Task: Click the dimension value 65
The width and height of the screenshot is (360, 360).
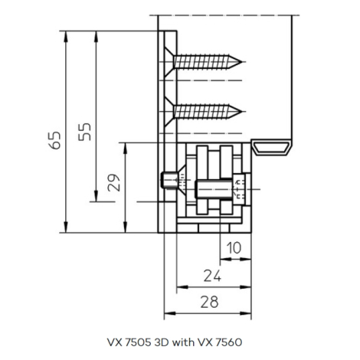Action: tap(54, 140)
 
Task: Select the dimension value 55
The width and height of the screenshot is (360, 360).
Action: tap(85, 132)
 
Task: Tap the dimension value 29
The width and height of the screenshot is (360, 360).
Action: tap(113, 183)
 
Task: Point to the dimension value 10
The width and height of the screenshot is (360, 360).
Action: tap(234, 247)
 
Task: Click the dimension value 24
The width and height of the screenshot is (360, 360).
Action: tap(212, 276)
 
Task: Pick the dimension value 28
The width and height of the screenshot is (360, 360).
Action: tap(210, 302)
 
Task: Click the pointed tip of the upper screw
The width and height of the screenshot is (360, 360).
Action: tap(241, 62)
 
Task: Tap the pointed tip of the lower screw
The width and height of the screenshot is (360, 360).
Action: tap(241, 111)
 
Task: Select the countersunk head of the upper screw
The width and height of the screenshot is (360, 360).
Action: tap(169, 62)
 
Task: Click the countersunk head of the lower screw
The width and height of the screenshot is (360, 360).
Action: tap(169, 111)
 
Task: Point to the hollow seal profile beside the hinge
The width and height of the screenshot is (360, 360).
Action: tap(271, 147)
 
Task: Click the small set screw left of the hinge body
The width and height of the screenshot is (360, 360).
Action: tap(169, 181)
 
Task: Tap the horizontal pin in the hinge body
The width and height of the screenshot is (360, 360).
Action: tap(214, 189)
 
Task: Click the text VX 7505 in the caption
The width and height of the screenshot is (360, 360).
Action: tap(129, 342)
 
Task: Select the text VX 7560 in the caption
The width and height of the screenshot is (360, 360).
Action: tap(220, 342)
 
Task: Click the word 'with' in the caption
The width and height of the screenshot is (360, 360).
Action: tap(183, 342)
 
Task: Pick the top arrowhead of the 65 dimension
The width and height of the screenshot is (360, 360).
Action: tap(66, 37)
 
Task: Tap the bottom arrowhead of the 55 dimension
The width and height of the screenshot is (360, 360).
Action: tap(96, 196)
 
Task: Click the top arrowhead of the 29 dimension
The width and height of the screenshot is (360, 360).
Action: tap(125, 149)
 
